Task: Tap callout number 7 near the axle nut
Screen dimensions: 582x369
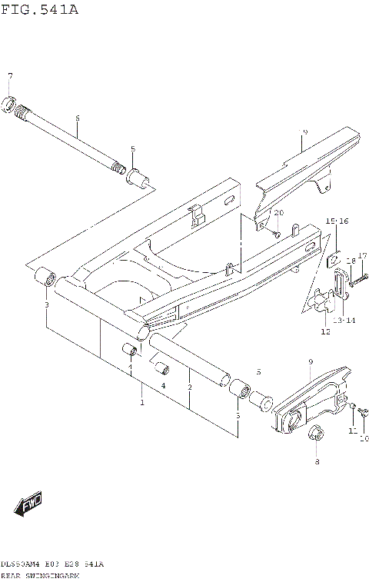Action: tap(10, 75)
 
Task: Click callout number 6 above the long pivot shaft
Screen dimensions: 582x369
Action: tap(77, 118)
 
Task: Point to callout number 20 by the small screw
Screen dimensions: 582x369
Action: tap(279, 212)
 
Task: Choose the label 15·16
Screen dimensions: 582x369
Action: tap(337, 221)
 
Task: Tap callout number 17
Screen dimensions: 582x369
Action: tap(363, 255)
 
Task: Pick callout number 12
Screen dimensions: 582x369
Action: tap(325, 332)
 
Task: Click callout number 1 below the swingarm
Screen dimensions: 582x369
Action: tap(141, 402)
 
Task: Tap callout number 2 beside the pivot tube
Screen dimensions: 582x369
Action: tap(190, 387)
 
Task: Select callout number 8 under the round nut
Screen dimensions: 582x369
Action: tap(316, 461)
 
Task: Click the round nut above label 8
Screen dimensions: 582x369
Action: tap(314, 435)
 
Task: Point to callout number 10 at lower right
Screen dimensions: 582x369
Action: tap(364, 439)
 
